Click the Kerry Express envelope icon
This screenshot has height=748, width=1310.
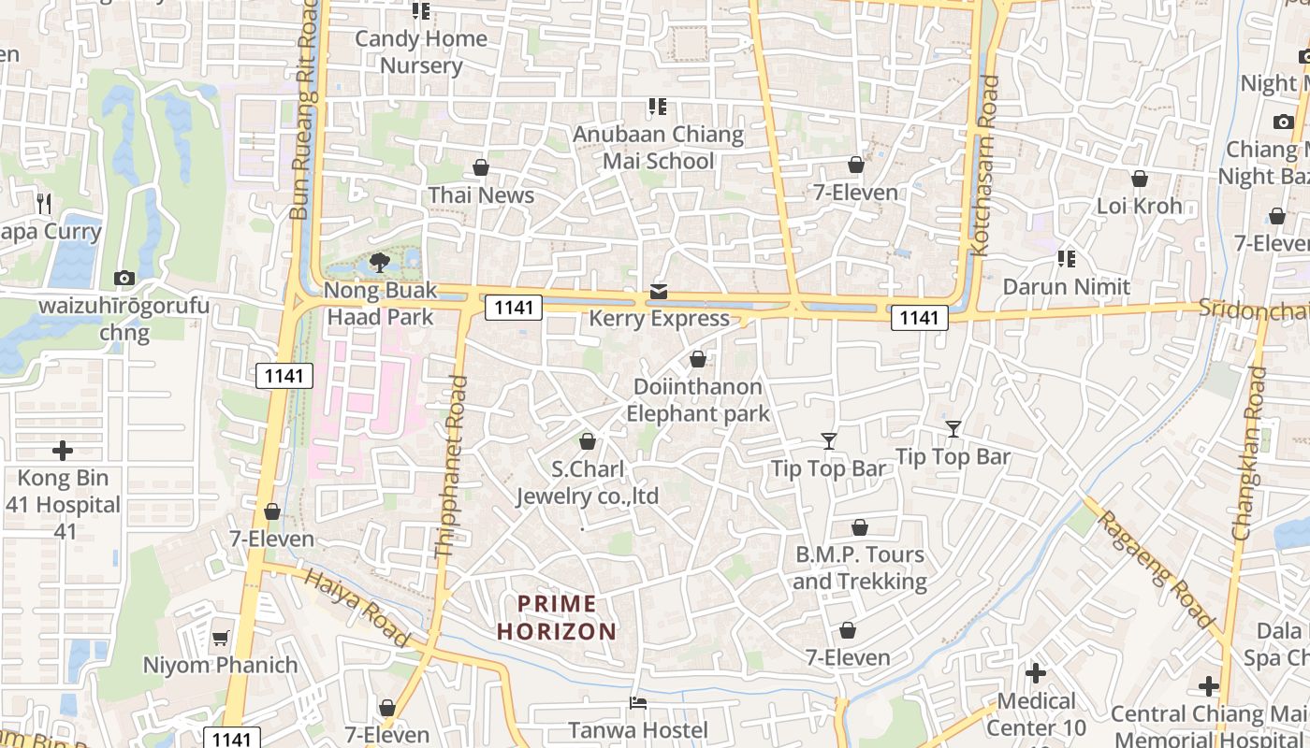[x=659, y=292]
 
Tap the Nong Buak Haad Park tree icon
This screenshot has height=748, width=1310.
[x=380, y=263]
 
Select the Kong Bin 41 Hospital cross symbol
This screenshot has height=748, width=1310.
[x=63, y=451]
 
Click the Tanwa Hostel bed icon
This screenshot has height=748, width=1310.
[x=638, y=702]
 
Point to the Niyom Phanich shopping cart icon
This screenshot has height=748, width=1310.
[x=221, y=638]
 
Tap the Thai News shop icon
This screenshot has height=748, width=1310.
[x=481, y=167]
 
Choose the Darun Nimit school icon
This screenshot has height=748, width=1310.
[x=1066, y=259]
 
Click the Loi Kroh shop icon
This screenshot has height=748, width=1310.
[x=1140, y=179]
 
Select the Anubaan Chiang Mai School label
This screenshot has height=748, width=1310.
[x=659, y=148]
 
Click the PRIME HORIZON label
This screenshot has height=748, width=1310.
[x=557, y=617]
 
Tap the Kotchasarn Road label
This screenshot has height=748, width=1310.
[x=986, y=166]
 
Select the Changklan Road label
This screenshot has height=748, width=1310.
[x=1250, y=453]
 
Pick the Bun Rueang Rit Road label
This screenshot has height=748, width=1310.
[x=305, y=112]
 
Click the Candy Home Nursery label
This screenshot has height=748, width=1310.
[x=421, y=52]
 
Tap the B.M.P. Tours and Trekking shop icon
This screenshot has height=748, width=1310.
[x=860, y=528]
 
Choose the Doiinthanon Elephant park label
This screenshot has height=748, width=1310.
[x=698, y=400]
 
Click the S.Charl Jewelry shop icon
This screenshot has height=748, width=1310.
[x=588, y=441]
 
